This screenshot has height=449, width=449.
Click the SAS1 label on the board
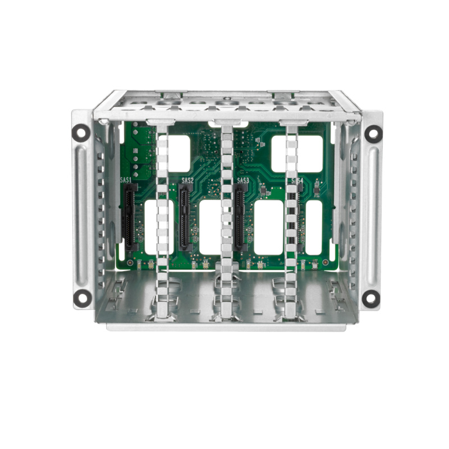pos(126,181)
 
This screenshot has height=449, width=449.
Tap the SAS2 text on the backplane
pos(187,181)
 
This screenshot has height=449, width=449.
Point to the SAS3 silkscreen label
pos(242,181)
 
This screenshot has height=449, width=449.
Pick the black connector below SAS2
pos(184,219)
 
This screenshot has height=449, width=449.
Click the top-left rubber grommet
pos(81,132)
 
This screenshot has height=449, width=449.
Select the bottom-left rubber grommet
pos(82,297)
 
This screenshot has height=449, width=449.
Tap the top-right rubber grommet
pos(373,134)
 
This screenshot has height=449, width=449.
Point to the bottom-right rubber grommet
pos(370,299)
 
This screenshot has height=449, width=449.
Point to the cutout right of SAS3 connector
pos(268,227)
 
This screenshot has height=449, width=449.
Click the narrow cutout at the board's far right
pos(314,227)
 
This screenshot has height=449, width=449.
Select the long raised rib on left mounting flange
pos(84,213)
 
